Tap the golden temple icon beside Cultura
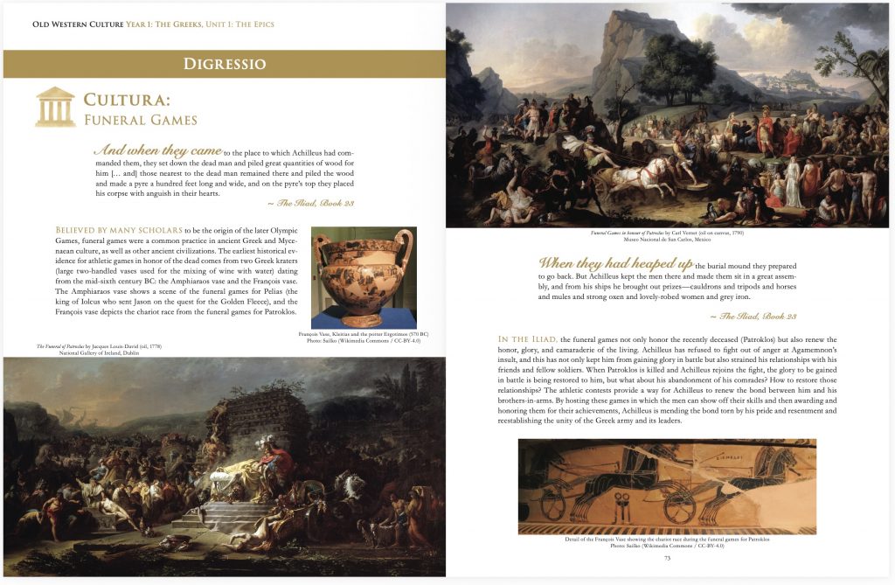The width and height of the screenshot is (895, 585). coord(55,107)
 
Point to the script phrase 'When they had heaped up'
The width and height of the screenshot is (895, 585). coord(616,263)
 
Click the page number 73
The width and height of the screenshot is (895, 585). coord(667,557)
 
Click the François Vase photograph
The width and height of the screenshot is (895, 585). coord(364,277)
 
